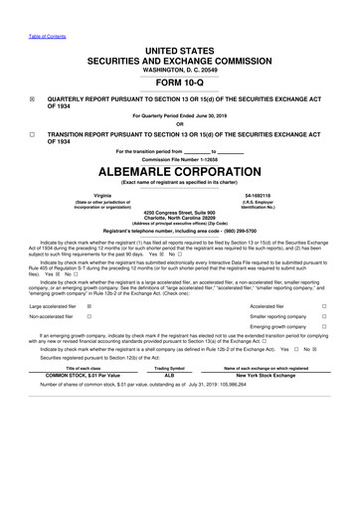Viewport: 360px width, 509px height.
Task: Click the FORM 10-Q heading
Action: [179, 83]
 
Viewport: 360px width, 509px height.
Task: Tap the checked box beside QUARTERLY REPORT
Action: [32, 100]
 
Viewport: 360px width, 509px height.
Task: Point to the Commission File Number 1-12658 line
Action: [179, 157]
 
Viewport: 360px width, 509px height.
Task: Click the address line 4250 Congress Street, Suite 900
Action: [179, 213]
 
